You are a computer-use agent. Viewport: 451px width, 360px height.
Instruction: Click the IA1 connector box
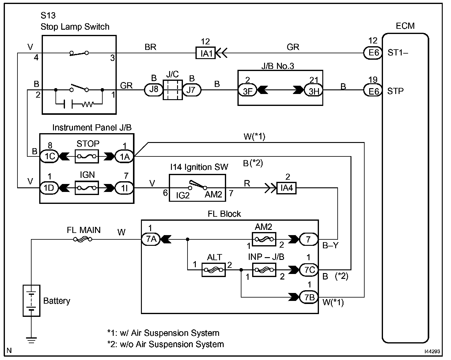pyautogui.click(x=206, y=54)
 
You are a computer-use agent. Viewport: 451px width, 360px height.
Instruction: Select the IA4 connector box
pyautogui.click(x=286, y=188)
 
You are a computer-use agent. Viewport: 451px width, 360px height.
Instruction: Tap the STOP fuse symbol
pyautogui.click(x=87, y=157)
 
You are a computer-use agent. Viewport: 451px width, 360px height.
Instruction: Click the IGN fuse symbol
pyautogui.click(x=87, y=188)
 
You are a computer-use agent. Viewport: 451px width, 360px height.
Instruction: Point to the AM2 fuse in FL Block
pyautogui.click(x=264, y=239)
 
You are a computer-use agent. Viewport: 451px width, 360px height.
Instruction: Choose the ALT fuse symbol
pyautogui.click(x=214, y=270)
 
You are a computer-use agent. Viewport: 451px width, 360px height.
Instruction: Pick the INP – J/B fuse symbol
pyautogui.click(x=264, y=270)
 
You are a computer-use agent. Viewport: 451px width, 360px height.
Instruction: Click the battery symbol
pyautogui.click(x=32, y=300)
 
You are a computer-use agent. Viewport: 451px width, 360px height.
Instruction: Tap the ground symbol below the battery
pyautogui.click(x=31, y=340)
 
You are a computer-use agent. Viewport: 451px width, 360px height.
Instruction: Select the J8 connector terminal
pyautogui.click(x=153, y=90)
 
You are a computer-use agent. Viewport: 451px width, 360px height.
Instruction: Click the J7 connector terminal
pyautogui.click(x=192, y=90)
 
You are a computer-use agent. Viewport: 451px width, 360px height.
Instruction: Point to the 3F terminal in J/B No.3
pyautogui.click(x=247, y=90)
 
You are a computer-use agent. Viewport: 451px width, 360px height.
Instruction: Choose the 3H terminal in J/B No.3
pyautogui.click(x=313, y=90)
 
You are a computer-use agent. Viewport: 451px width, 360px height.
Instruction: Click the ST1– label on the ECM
pyautogui.click(x=398, y=53)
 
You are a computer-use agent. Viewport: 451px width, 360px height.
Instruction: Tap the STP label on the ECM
pyautogui.click(x=396, y=91)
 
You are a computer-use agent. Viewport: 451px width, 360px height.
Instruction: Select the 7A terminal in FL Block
pyautogui.click(x=151, y=239)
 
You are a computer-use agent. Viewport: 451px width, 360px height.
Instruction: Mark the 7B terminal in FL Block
pyautogui.click(x=309, y=297)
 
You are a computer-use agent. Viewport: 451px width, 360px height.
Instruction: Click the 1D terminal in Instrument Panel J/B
pyautogui.click(x=49, y=188)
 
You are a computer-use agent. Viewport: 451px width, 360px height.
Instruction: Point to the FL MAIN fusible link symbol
pyautogui.click(x=83, y=239)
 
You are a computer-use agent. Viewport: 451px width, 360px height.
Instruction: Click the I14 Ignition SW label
pyautogui.click(x=199, y=167)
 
